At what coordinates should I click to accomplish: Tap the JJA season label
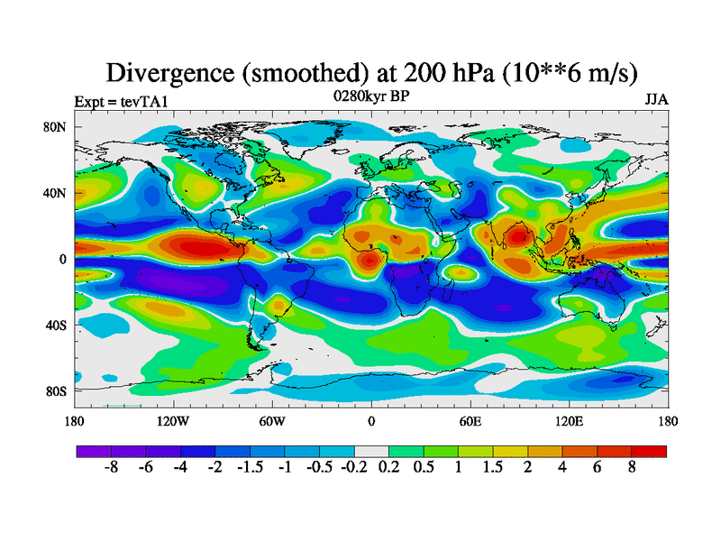[656, 100]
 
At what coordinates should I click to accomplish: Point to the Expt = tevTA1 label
[121, 101]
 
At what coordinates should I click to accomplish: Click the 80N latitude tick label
[56, 126]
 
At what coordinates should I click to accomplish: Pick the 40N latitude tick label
[56, 193]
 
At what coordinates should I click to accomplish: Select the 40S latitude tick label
[56, 325]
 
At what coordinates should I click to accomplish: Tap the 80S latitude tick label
[56, 390]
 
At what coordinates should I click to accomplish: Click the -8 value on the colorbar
[112, 470]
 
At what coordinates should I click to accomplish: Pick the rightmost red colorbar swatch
[649, 451]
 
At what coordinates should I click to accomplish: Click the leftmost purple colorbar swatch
[94, 451]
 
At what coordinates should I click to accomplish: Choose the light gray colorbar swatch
[371, 451]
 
